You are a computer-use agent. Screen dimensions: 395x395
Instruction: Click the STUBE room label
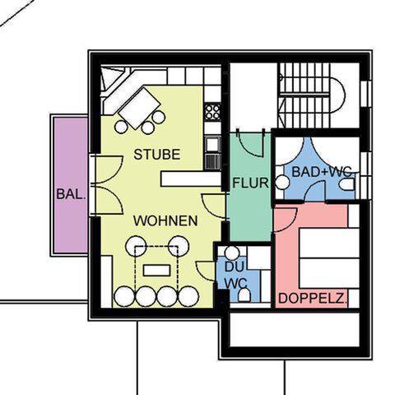pos(157,155)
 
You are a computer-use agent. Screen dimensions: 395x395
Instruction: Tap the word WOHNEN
pos(165,221)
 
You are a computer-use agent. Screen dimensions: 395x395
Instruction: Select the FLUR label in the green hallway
pos(250,183)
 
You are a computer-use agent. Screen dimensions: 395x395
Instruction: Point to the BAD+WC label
pos(322,172)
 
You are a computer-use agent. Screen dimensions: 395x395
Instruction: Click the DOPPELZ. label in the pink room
pos(313,298)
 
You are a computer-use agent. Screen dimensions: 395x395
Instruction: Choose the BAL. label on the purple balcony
pos(71,194)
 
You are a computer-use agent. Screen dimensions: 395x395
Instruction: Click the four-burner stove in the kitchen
pos(212,112)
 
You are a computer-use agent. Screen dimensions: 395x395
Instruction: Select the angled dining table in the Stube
pos(139,108)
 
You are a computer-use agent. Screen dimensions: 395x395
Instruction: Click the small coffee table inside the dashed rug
pos(156,271)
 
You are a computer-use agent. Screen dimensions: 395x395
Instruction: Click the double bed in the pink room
pos(329,258)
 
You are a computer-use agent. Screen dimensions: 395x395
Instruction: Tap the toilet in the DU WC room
pos(244,295)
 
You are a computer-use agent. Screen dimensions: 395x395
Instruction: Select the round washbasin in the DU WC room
pos(232,253)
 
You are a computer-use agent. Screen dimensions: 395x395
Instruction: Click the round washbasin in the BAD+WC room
pos(282,183)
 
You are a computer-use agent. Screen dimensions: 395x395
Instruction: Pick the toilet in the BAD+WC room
pos(348,184)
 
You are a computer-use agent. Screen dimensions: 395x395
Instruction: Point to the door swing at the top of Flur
pos(250,143)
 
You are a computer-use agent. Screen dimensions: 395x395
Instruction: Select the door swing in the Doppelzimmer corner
pos(286,220)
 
